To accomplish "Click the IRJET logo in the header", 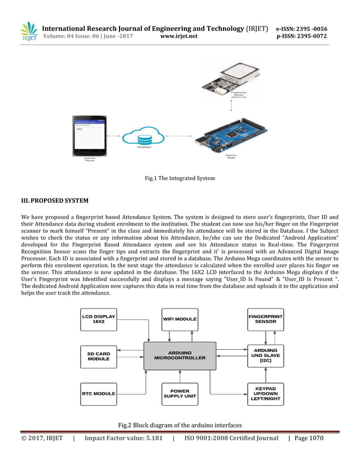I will [x=28, y=32].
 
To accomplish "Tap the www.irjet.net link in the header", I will [x=179, y=37].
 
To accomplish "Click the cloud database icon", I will [x=144, y=136].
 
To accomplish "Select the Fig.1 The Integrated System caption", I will [x=179, y=179].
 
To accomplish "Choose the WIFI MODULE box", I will [x=179, y=319].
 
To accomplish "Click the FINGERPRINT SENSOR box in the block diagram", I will [x=265, y=319].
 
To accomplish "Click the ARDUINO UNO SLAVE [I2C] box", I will [x=265, y=355].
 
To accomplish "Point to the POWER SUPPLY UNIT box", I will [x=179, y=393].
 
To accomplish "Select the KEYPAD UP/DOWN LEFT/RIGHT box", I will [x=265, y=393].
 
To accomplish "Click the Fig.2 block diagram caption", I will [x=179, y=425].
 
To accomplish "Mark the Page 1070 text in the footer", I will [x=309, y=438].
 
